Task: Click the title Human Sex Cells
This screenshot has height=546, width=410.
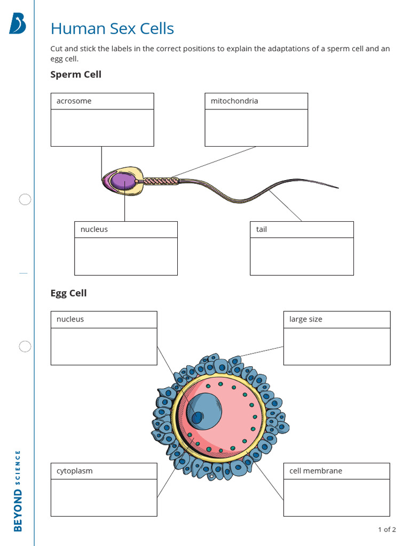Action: click(x=112, y=28)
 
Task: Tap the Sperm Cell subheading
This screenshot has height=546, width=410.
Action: click(x=76, y=74)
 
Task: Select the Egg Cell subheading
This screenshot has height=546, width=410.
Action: click(x=68, y=293)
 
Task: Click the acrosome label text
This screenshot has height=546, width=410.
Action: click(x=74, y=101)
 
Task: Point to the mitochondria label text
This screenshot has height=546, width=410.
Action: click(x=234, y=101)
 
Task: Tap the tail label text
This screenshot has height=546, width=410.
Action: click(x=262, y=229)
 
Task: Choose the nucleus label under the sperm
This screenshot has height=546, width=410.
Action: click(x=94, y=229)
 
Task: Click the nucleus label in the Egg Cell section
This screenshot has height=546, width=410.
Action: click(x=70, y=319)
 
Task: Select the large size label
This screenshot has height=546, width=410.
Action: click(x=306, y=319)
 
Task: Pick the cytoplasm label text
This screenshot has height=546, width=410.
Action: click(x=74, y=471)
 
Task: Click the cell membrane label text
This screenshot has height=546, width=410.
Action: click(x=316, y=471)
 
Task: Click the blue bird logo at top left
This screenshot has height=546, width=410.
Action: click(x=17, y=23)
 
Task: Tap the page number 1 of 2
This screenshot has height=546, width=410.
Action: click(x=387, y=529)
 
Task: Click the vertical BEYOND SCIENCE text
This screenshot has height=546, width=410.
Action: click(x=18, y=491)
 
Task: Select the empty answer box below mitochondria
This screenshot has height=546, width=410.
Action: click(x=256, y=127)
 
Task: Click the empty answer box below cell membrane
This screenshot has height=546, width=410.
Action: click(x=336, y=497)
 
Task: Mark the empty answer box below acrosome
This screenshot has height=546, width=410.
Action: click(x=102, y=127)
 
